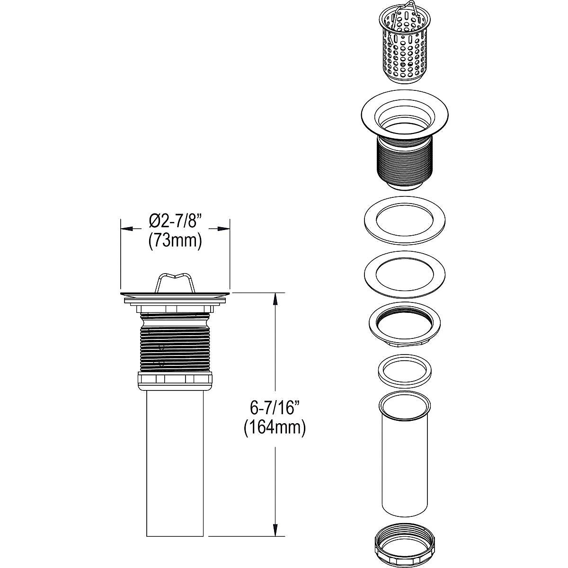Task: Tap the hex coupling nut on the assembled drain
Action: [x=175, y=379]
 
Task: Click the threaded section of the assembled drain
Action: [x=175, y=343]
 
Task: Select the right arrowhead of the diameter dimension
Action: [x=224, y=229]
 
